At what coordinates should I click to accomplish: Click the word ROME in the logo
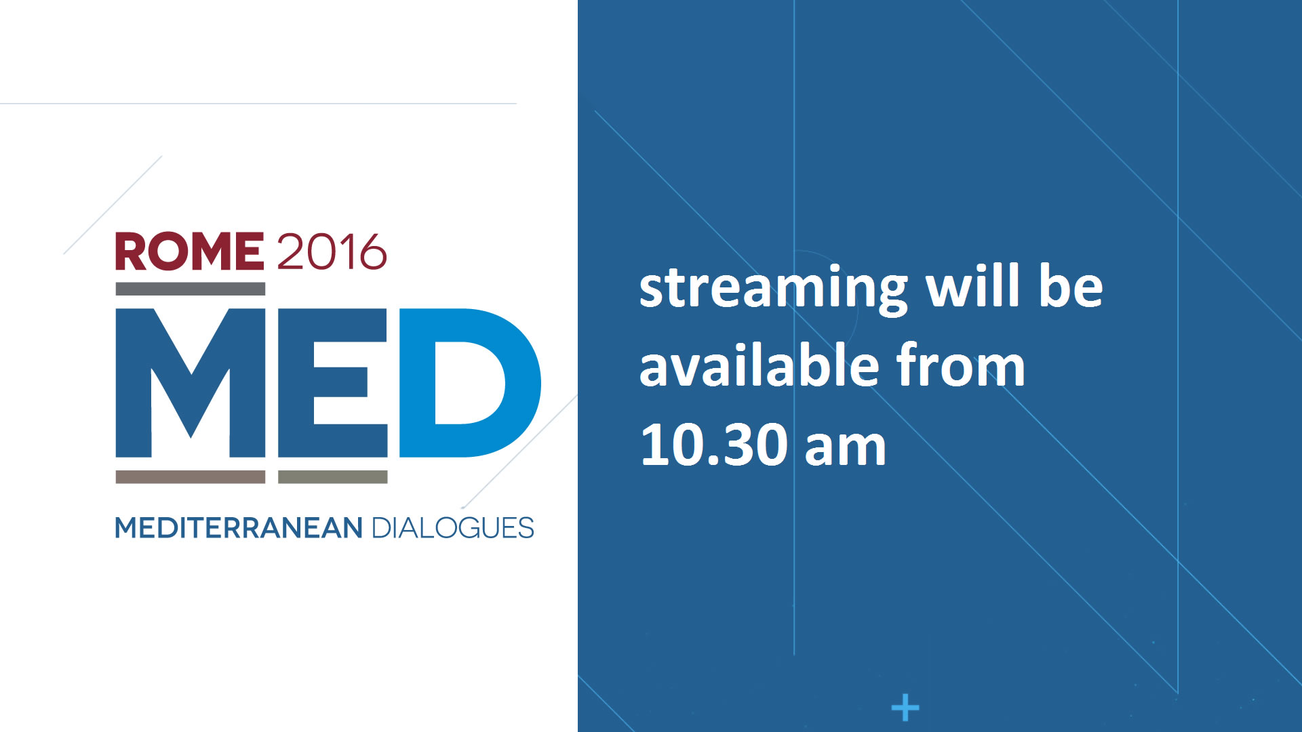coord(189,251)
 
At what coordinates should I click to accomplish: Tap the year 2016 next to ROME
coord(332,251)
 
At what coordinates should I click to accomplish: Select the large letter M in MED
coord(191,383)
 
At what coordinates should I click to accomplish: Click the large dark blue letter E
coord(332,383)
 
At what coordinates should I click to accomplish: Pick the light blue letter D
coord(470,383)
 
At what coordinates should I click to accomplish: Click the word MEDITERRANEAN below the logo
coord(239,528)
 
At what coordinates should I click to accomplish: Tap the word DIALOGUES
coord(453,528)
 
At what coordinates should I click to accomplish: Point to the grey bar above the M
coord(191,289)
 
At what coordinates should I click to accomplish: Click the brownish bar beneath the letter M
coord(191,477)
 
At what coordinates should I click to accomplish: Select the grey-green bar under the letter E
coord(332,477)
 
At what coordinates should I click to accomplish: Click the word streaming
coord(773,290)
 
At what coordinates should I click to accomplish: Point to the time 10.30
coord(714,445)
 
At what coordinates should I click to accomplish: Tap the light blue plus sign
coord(905,708)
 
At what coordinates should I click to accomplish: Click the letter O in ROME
coord(167,251)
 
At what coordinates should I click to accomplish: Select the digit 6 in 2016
coord(372,251)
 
